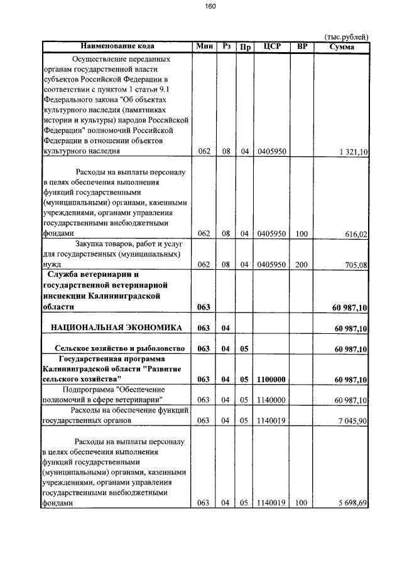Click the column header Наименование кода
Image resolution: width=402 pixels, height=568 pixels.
117,46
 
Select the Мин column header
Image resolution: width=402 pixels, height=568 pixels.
205,46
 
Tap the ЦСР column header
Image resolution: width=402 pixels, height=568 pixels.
272,46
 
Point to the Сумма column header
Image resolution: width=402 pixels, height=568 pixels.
342,46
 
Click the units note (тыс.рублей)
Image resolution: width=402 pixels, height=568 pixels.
345,37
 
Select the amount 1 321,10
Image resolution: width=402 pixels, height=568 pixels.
353,152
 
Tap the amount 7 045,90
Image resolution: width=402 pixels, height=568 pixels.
353,421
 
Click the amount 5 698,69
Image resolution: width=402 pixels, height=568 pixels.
353,503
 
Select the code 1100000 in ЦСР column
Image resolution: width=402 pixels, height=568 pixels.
271,379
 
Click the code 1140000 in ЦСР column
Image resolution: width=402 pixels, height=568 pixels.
271,400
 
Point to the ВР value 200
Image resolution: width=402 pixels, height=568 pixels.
301,265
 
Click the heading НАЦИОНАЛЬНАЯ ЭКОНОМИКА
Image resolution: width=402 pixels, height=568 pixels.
116,328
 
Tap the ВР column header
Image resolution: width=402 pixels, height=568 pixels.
302,46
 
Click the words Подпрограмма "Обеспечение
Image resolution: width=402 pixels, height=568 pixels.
117,389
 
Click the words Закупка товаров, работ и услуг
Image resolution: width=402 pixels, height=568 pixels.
128,244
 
